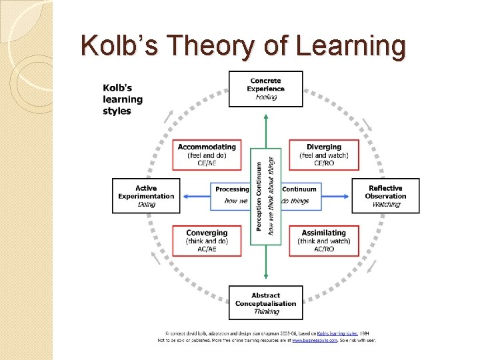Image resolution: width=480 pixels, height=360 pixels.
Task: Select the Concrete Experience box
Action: (265, 89)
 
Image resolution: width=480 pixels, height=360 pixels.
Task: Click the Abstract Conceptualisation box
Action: (265, 303)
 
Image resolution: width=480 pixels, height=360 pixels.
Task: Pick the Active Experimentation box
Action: (146, 195)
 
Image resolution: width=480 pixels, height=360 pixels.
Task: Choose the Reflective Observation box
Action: (385, 195)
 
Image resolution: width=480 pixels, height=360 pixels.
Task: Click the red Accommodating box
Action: (207, 155)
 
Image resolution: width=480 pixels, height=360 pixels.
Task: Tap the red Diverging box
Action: (324, 155)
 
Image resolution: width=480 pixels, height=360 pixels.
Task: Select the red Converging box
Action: (207, 241)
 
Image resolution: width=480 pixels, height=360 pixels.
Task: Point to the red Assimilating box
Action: (324, 241)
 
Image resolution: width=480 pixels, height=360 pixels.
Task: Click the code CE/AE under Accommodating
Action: (207, 163)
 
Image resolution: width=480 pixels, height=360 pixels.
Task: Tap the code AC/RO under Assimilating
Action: (324, 249)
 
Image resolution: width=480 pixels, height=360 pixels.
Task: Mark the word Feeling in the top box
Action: (265, 97)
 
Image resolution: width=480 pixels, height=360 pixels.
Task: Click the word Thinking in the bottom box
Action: (265, 311)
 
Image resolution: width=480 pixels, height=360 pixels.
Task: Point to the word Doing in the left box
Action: (146, 204)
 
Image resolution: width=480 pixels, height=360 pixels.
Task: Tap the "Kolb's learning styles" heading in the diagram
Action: (123, 99)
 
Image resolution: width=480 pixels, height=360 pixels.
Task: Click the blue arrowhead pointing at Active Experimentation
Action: (185, 196)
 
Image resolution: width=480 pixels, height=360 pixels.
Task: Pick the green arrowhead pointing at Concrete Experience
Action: (266, 117)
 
